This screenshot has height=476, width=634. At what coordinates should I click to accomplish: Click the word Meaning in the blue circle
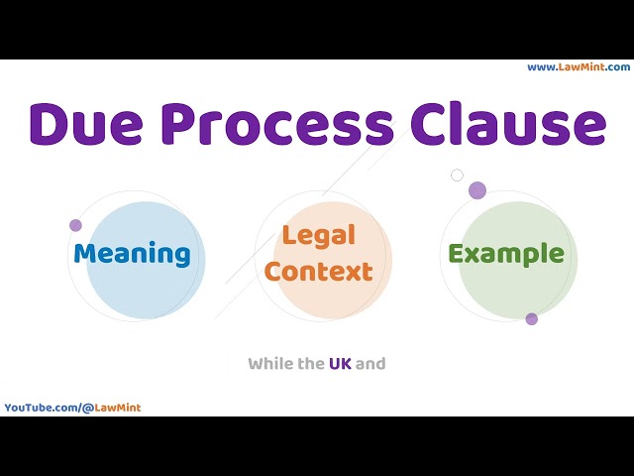(x=132, y=254)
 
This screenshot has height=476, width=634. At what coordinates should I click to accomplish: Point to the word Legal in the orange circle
(x=318, y=236)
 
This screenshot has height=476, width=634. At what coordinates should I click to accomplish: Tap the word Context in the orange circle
(x=318, y=271)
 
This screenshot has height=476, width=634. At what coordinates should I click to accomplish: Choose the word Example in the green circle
(x=506, y=254)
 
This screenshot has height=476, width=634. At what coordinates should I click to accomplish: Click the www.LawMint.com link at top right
(x=579, y=67)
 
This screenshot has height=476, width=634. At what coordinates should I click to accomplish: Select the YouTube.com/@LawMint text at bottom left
(x=72, y=408)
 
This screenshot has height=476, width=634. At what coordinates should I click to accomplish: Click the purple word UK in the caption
(x=340, y=364)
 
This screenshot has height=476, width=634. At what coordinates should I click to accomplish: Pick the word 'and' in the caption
(x=370, y=364)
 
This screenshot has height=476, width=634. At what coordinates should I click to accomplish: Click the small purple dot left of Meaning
(x=75, y=225)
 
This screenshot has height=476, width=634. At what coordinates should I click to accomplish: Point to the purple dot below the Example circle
(x=532, y=318)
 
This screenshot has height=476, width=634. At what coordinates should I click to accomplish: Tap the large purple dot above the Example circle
(x=477, y=190)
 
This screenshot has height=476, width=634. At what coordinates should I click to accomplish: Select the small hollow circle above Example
(x=457, y=176)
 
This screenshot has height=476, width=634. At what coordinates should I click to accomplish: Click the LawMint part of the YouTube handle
(x=120, y=408)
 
